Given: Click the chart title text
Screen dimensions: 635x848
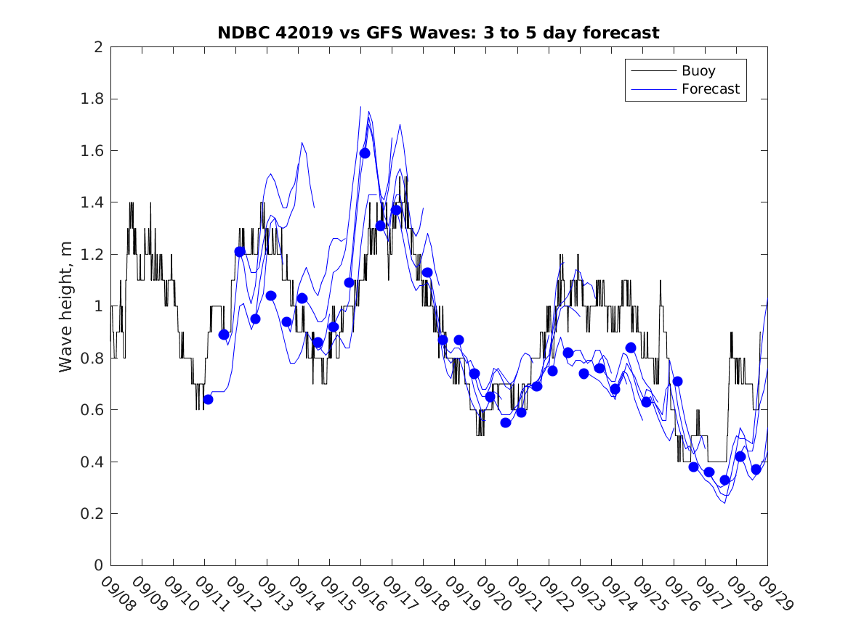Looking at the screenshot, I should (438, 33).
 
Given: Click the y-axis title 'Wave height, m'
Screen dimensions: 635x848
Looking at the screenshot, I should (66, 306).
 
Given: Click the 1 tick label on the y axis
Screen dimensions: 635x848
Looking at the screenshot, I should (99, 306).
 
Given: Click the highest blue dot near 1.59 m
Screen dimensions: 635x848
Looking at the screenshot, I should (365, 153).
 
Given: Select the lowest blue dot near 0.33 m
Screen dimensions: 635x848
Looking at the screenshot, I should (724, 480).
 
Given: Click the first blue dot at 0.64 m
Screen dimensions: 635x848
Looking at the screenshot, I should (208, 399).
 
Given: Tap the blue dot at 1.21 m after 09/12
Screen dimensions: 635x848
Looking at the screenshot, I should (240, 252).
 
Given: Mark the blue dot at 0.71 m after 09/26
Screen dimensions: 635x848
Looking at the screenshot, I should (677, 381).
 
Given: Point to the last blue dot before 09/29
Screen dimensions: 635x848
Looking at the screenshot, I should (756, 470).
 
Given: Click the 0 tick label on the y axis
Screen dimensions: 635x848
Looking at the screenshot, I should (99, 565).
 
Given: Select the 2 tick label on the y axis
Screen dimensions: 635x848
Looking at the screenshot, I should (99, 47).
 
